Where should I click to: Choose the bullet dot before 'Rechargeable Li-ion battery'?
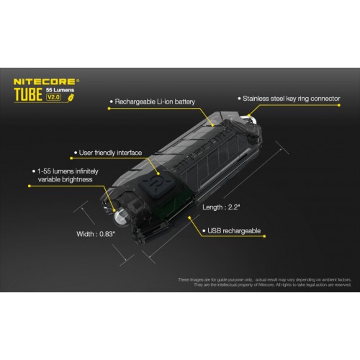109,102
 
